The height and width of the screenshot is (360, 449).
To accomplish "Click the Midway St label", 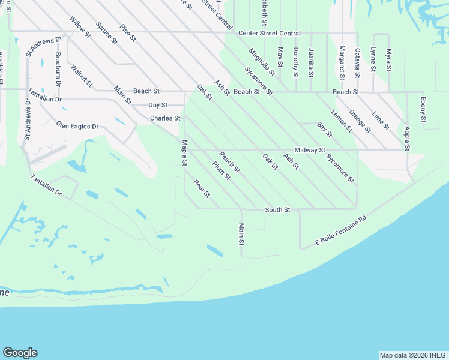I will point(310,150).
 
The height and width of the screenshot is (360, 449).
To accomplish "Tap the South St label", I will point(278,210).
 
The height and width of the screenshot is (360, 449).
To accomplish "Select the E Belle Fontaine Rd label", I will point(341,231).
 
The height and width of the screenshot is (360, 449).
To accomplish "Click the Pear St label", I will point(202,188).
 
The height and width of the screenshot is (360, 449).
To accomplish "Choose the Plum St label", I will point(221,170).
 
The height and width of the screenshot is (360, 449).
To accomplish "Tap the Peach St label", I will point(229,163).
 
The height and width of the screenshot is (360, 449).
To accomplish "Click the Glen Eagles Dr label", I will point(77,127).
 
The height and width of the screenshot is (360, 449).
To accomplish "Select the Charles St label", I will point(165,118).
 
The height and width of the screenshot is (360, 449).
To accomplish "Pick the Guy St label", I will point(158,105).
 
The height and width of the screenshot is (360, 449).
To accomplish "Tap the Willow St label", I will point(80,28).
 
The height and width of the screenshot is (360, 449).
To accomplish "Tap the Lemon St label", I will point(342,121).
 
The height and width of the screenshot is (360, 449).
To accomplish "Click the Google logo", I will point(20,353).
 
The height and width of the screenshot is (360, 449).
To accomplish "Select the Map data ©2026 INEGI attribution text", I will point(412,355).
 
